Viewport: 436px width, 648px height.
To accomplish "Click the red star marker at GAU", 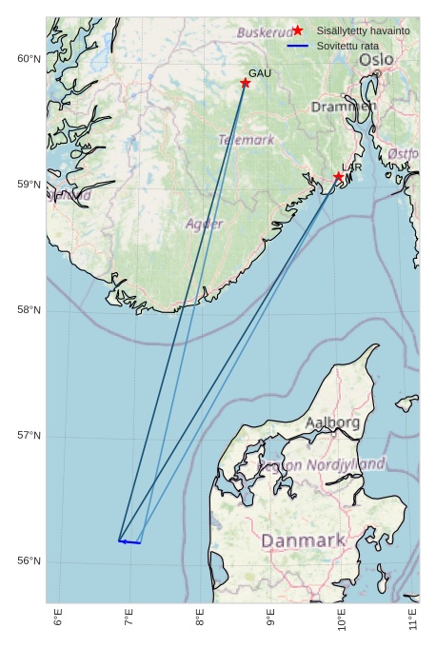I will [x=246, y=83].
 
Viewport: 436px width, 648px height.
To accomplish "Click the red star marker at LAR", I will [x=339, y=176].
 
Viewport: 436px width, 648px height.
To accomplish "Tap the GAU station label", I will [x=260, y=73].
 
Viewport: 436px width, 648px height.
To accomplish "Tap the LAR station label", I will [x=351, y=167].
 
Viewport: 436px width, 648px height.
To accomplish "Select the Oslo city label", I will [x=376, y=60].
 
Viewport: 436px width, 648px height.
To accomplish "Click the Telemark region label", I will [x=247, y=140].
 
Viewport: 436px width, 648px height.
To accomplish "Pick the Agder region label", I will [x=204, y=224].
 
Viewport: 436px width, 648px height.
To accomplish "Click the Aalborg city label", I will [x=332, y=422].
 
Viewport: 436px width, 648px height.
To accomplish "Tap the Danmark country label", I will [x=303, y=540].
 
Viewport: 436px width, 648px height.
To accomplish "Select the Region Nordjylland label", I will [x=322, y=464].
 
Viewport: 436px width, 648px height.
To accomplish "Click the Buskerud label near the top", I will [x=265, y=32].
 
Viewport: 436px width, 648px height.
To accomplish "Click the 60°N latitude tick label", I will [x=30, y=59].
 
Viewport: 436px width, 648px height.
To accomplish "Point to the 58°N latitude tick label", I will [x=30, y=309].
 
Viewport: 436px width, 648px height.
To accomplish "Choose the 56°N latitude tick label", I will [x=30, y=560].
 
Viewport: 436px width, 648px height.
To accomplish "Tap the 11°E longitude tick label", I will [x=412, y=619].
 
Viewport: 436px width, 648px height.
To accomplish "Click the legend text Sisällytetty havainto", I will [x=363, y=30].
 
